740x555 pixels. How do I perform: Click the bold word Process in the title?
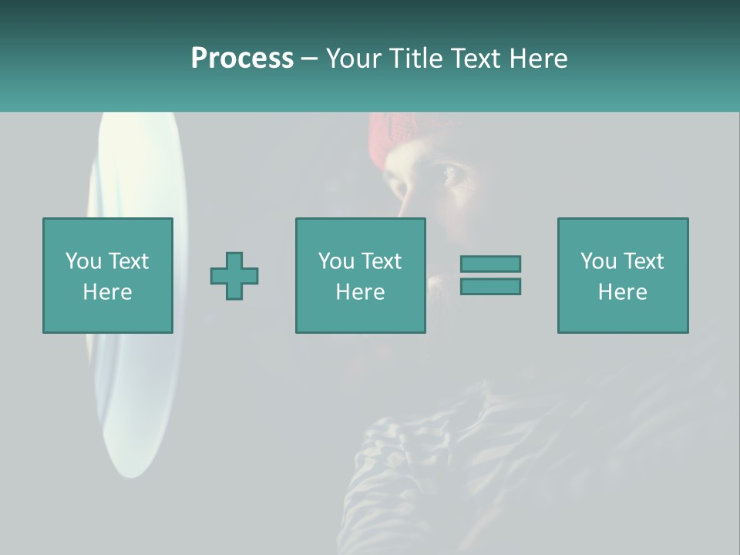242,59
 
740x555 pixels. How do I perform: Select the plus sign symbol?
234,275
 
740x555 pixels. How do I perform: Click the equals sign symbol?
490,275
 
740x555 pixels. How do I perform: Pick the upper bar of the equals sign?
490,264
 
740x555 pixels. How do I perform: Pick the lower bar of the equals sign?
490,286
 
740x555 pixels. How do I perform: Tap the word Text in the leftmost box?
128,261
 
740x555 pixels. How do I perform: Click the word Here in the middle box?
361,292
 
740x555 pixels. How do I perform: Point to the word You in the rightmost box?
598,261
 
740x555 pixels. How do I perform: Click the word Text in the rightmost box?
644,261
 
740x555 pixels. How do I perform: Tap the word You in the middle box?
336,261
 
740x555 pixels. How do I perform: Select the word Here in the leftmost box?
108,292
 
